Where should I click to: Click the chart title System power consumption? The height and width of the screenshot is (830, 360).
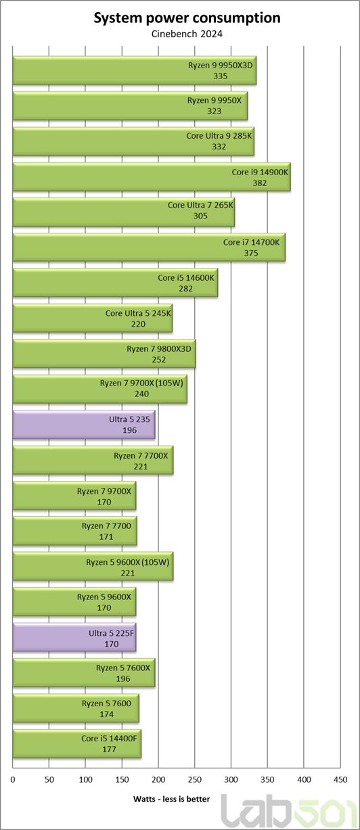point(187,18)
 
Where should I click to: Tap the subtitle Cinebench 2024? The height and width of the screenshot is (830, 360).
point(187,34)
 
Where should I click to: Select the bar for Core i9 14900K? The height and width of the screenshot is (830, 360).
point(152,177)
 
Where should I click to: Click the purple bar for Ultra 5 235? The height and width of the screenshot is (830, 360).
point(84,425)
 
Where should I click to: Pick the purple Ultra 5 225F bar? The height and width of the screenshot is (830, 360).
point(74,638)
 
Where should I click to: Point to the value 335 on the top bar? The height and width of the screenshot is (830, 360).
point(220,76)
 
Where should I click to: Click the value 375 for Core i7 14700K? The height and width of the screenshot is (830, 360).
point(251,253)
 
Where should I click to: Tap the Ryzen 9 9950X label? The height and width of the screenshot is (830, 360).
point(215,100)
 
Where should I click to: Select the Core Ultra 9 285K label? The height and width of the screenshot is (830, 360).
point(219,136)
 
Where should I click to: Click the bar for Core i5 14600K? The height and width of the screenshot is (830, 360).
point(115,283)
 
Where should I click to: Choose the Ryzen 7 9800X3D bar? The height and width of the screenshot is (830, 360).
point(104,354)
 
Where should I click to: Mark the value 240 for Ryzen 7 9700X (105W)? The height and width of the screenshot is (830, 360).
point(141,394)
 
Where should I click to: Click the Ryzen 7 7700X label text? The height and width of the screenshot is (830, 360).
point(141,456)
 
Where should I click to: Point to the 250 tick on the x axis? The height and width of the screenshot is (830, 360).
point(195,780)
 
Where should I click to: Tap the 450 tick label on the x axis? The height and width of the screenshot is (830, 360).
point(340,780)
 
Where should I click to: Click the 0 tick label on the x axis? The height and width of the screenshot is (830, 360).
point(13,780)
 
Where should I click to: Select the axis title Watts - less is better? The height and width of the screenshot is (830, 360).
point(172,800)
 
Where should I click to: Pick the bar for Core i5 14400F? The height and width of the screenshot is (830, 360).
point(77,743)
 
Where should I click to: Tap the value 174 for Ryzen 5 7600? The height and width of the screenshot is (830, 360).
point(107,714)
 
